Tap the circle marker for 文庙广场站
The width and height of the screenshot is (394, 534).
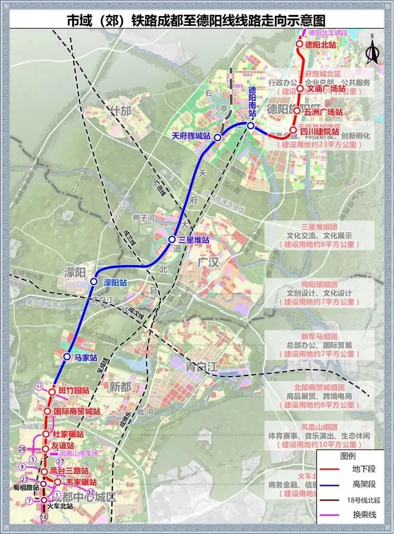[x=300, y=89]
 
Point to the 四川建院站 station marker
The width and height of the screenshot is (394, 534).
[x=293, y=130]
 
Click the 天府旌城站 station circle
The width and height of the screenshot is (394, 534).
[x=218, y=137]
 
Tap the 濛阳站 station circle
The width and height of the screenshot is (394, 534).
[x=94, y=282]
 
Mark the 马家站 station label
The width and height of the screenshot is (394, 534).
[x=86, y=357]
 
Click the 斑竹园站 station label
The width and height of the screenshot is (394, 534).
[x=74, y=391]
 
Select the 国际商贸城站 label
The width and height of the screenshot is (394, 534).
[x=76, y=412]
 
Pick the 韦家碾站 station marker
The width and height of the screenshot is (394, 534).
[x=58, y=482]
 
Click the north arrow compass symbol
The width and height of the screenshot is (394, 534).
[x=372, y=50]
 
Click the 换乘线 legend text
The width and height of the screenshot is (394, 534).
[x=364, y=515]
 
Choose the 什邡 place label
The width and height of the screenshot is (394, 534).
[x=121, y=111]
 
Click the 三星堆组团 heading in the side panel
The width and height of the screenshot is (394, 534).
[x=318, y=227]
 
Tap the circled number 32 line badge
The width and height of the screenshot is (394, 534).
[x=91, y=492]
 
